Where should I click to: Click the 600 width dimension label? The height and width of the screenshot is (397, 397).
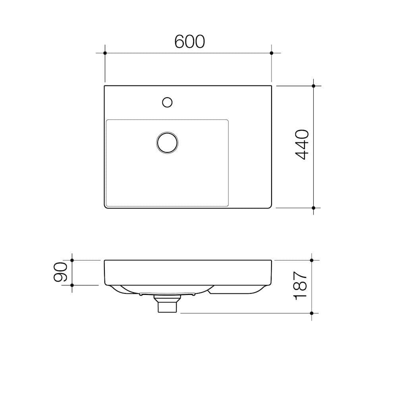pos(189,42)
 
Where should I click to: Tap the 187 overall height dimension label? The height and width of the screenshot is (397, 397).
pos(300,285)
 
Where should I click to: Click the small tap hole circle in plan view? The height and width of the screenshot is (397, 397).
pos(167,102)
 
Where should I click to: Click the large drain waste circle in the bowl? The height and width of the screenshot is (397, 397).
pos(167,142)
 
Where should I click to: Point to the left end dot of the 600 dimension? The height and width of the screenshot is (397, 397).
pos(105,53)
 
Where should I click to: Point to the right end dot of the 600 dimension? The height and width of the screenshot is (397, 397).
pos(272,53)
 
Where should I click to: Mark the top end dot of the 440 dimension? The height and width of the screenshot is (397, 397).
pos(314,86)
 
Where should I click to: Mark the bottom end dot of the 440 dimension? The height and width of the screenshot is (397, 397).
pos(314,208)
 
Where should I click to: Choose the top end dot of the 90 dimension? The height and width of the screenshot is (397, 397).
pos(72,260)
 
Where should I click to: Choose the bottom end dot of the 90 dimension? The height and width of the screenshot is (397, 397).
pos(72,285)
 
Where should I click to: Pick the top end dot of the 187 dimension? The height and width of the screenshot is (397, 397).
pos(312,260)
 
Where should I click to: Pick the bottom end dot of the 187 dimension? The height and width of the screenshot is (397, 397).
pos(312,313)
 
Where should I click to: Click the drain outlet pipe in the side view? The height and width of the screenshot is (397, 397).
pos(167,306)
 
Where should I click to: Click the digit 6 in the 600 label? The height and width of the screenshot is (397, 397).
pos(179,42)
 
